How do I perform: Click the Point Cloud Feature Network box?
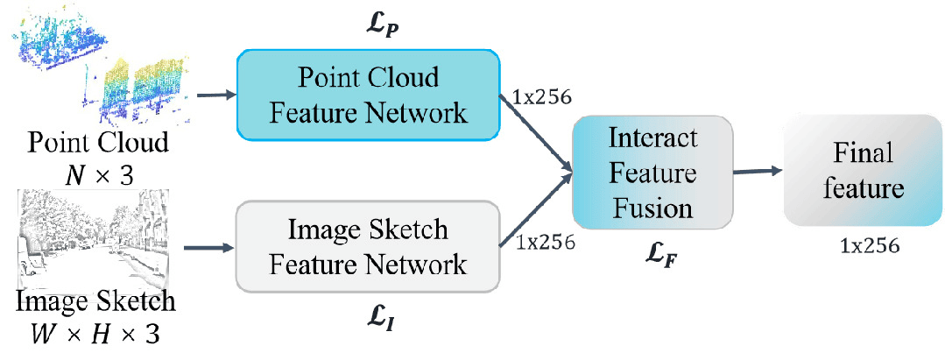(x=368, y=95)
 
